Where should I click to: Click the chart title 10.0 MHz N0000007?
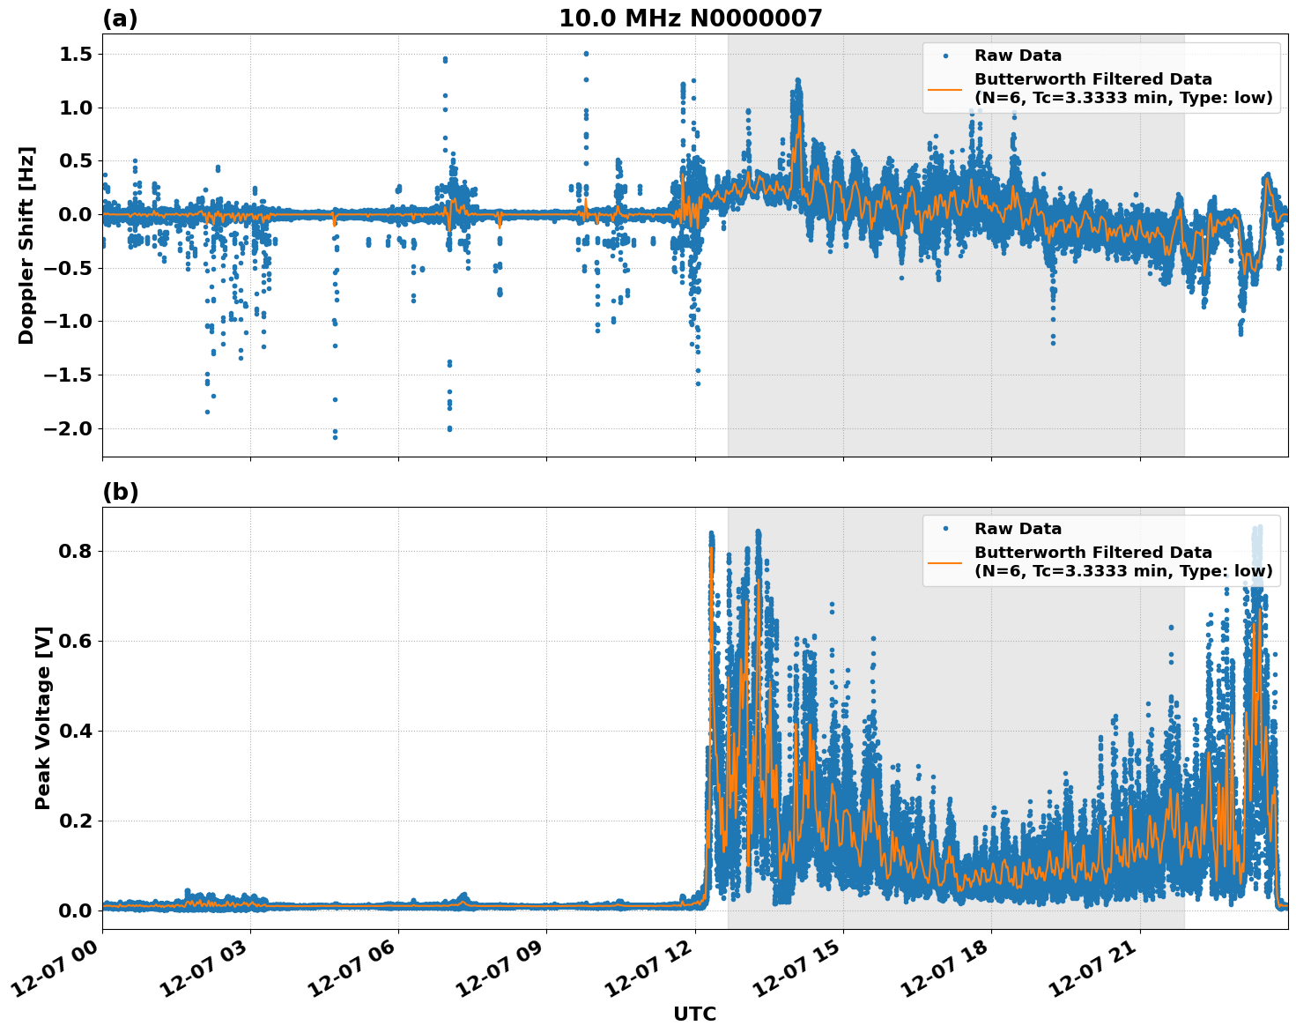coord(690,19)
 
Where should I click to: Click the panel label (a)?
coord(120,19)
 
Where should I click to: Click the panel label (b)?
coord(120,492)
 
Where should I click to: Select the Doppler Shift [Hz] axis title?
coord(26,245)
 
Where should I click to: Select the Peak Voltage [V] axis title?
coord(43,717)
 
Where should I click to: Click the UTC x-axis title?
coord(694,1014)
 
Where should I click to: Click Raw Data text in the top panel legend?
coord(1018,56)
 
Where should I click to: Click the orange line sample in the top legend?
coord(945,88)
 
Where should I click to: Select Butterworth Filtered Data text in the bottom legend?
coord(1092,553)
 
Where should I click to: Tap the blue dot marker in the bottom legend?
coord(945,529)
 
